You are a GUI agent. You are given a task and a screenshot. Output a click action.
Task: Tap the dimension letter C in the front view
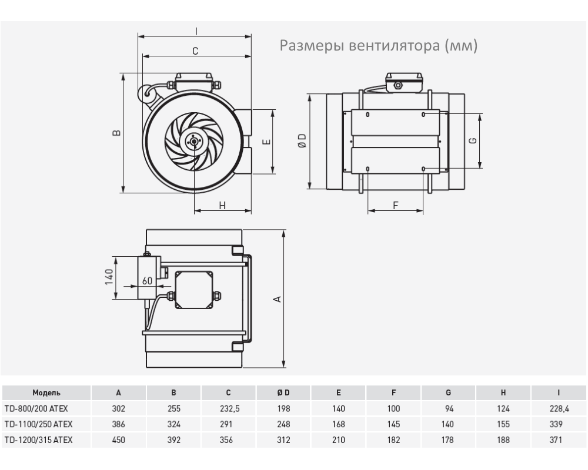195,51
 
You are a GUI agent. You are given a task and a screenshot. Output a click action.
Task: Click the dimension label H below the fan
222,205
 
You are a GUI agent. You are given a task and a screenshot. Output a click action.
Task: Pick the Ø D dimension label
302,141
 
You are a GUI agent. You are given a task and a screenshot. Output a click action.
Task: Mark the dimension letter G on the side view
473,140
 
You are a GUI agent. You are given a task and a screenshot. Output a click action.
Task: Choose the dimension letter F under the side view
396,205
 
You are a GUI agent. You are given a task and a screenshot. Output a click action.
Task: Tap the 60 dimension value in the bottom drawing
147,281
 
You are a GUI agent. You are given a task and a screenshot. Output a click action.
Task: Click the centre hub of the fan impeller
193,141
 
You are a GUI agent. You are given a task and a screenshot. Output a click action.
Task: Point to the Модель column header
46,393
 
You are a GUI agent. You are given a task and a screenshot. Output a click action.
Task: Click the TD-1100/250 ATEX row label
38,424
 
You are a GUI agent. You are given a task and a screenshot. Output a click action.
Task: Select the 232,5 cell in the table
228,408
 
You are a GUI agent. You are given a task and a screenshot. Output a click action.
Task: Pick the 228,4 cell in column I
558,408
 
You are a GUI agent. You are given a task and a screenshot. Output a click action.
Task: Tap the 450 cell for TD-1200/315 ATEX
119,439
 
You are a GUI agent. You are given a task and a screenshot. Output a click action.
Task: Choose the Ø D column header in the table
283,393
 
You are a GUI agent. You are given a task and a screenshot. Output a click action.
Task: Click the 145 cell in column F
393,424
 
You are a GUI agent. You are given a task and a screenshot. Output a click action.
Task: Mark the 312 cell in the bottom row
283,439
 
